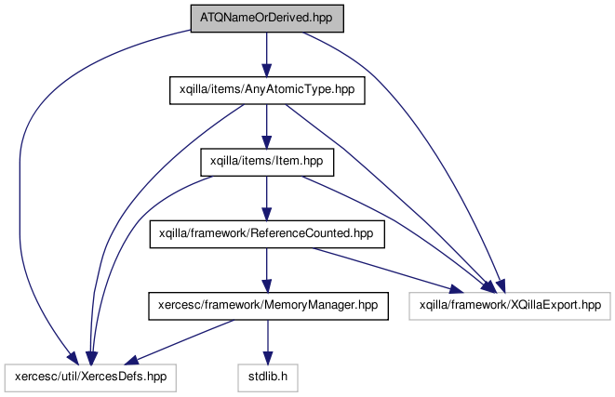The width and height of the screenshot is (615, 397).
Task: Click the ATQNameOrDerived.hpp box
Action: [x=267, y=19]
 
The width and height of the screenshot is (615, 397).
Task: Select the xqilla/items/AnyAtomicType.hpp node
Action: [x=267, y=90]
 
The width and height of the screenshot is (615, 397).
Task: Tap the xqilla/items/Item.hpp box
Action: [x=267, y=162]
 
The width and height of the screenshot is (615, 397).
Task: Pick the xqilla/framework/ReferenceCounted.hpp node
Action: [x=267, y=234]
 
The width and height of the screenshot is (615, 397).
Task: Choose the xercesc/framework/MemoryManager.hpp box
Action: [x=268, y=306]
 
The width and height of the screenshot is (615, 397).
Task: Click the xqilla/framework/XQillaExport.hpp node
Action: [x=510, y=306]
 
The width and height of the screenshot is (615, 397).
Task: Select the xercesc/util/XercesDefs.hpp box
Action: [x=90, y=377]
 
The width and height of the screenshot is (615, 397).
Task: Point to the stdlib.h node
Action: [x=268, y=377]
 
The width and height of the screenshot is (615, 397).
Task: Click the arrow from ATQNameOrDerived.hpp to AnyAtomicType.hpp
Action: [x=267, y=55]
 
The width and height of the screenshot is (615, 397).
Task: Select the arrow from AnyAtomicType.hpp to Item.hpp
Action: [x=267, y=126]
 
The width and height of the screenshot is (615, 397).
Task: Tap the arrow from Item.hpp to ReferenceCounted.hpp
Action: [x=267, y=198]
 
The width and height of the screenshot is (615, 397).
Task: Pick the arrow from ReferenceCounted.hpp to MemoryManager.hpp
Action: [x=267, y=270]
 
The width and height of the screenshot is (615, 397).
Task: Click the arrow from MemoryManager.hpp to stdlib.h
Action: [x=268, y=342]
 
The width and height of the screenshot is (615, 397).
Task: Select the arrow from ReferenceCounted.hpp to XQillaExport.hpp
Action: [x=388, y=271]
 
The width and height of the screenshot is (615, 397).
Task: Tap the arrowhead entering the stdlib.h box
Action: [x=268, y=357]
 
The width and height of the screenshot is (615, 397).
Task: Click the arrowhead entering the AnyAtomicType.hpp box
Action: [x=267, y=70]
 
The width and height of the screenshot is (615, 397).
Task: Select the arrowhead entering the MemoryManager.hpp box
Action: [x=267, y=285]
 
